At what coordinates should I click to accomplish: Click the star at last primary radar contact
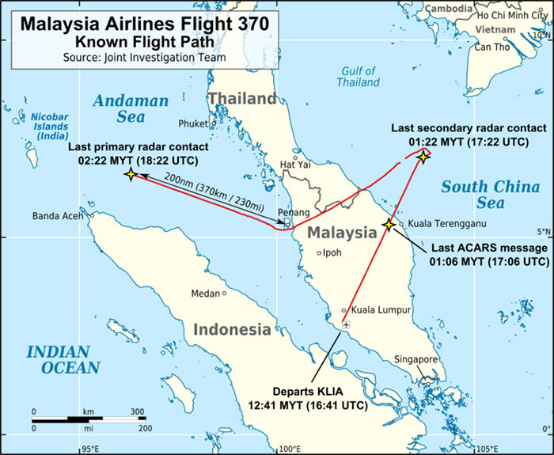[131, 174]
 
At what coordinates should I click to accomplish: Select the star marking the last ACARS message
[389, 225]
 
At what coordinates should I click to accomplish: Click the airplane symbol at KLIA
[347, 325]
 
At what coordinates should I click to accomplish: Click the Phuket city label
[192, 123]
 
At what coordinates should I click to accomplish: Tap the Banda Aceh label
[59, 215]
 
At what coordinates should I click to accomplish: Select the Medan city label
[205, 294]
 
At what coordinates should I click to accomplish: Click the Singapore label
[416, 360]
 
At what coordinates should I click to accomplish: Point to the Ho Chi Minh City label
[510, 15]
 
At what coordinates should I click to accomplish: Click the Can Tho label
[491, 47]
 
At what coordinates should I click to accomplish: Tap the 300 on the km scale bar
[137, 412]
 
